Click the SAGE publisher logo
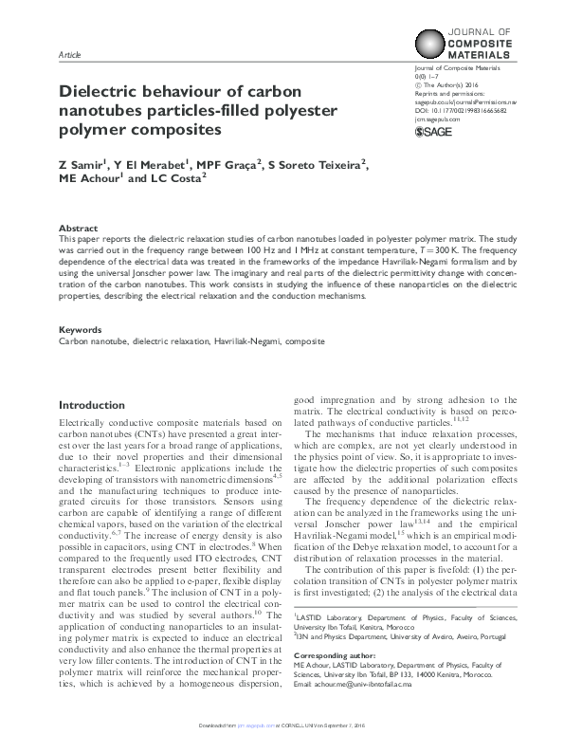[433, 133]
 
